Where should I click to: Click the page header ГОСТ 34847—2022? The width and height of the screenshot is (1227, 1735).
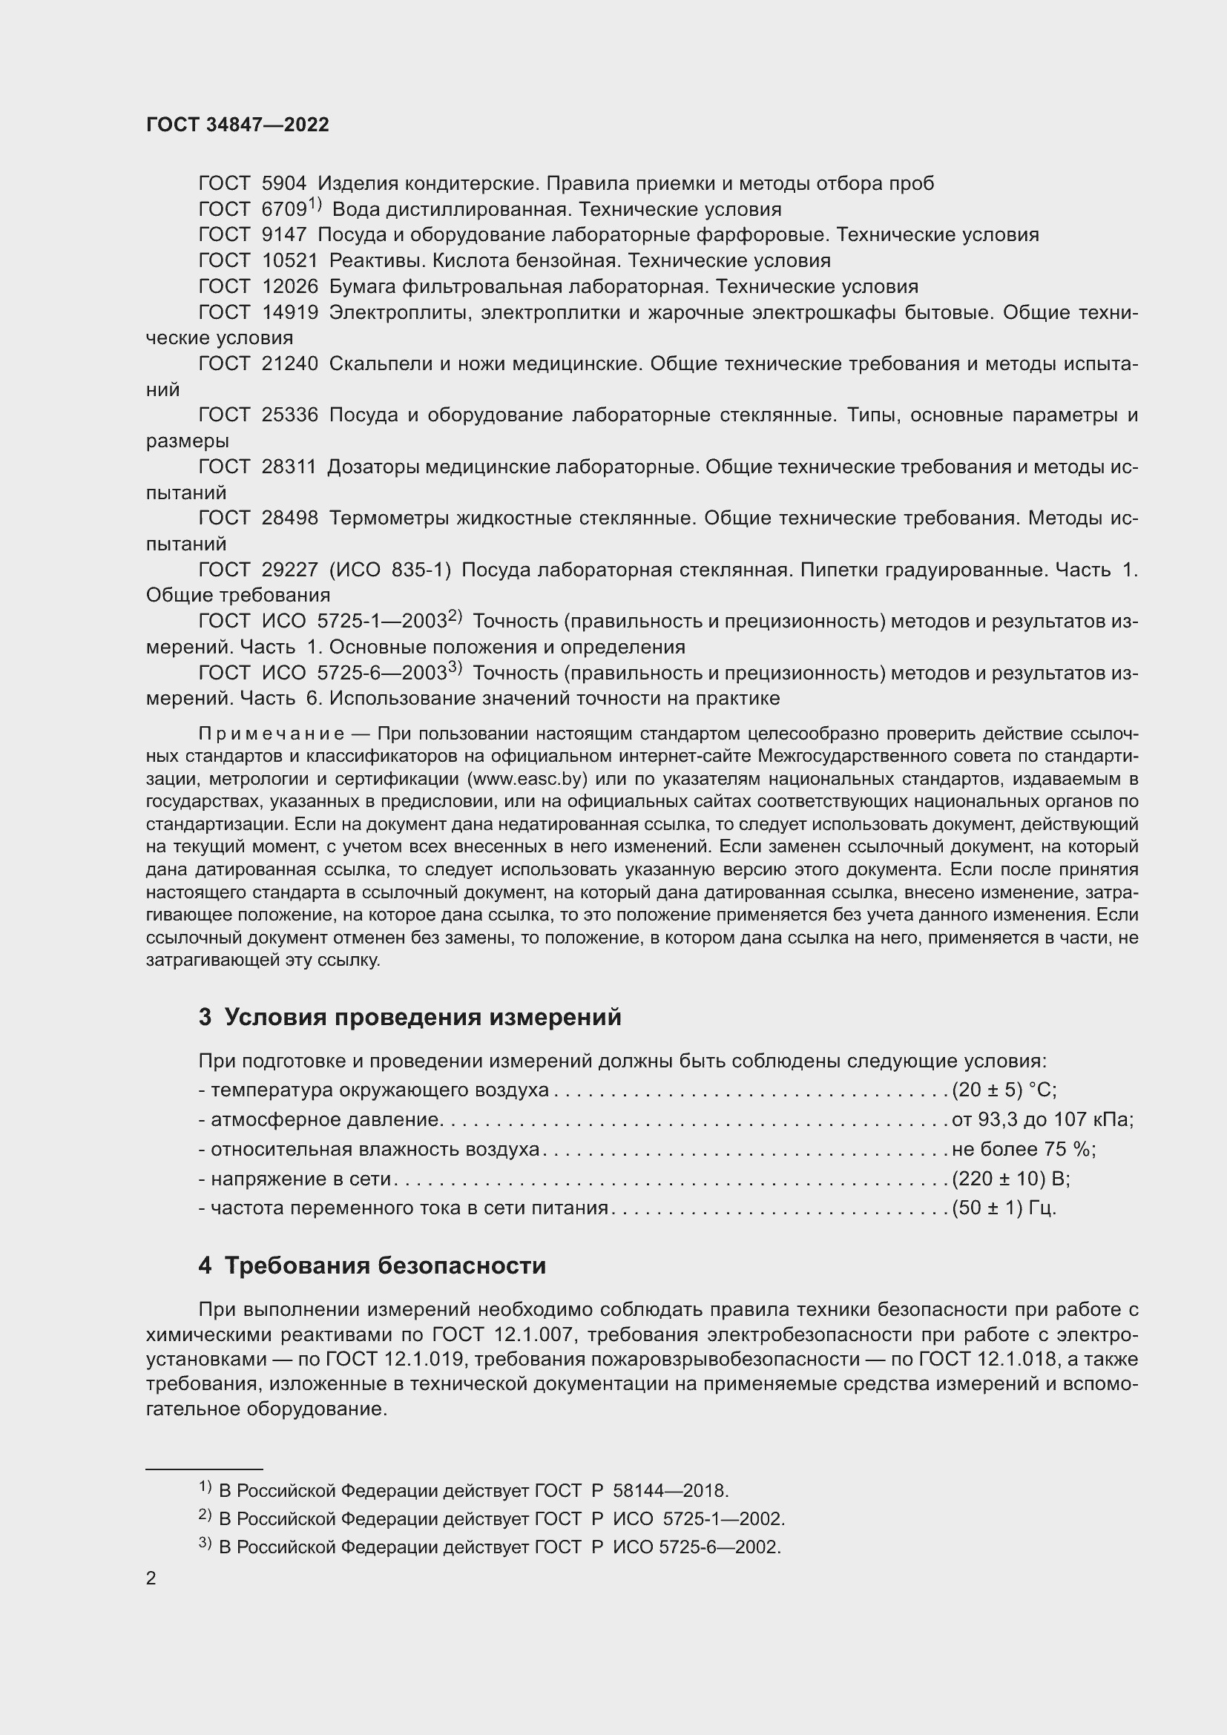(237, 125)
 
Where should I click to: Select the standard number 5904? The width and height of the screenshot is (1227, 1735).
(284, 184)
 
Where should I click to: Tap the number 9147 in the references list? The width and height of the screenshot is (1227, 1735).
(284, 235)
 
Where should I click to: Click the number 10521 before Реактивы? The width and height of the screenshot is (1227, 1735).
(290, 260)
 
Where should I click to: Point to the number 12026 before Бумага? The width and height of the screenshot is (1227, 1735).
(290, 286)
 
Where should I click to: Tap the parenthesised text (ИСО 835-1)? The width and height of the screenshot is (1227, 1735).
(390, 570)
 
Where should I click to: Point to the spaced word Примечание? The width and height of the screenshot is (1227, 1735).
(272, 734)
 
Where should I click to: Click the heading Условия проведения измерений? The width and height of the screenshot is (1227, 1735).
(423, 1017)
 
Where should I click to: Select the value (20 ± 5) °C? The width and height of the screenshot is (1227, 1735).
(1004, 1090)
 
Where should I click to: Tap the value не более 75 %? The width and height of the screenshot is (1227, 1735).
(1024, 1149)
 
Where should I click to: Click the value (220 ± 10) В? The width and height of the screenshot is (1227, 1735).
(1011, 1179)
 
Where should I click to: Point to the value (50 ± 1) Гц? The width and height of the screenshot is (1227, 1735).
(1004, 1208)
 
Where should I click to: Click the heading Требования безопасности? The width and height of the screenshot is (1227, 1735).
(385, 1265)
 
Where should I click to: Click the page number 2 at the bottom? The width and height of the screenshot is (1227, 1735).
(151, 1578)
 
